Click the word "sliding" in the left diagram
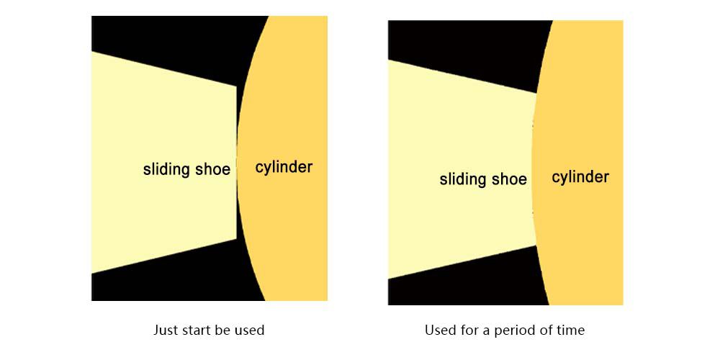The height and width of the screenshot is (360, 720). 168,170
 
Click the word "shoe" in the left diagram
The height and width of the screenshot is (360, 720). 213,170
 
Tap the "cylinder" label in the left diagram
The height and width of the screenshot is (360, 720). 284,168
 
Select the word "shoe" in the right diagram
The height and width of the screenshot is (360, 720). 510,179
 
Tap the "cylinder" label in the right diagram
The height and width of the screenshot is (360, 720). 580,177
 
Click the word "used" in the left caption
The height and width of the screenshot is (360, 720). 249,330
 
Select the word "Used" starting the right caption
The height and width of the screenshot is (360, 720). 439,330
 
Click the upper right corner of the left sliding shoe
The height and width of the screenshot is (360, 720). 235,87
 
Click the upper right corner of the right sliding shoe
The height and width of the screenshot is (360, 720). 536,94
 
